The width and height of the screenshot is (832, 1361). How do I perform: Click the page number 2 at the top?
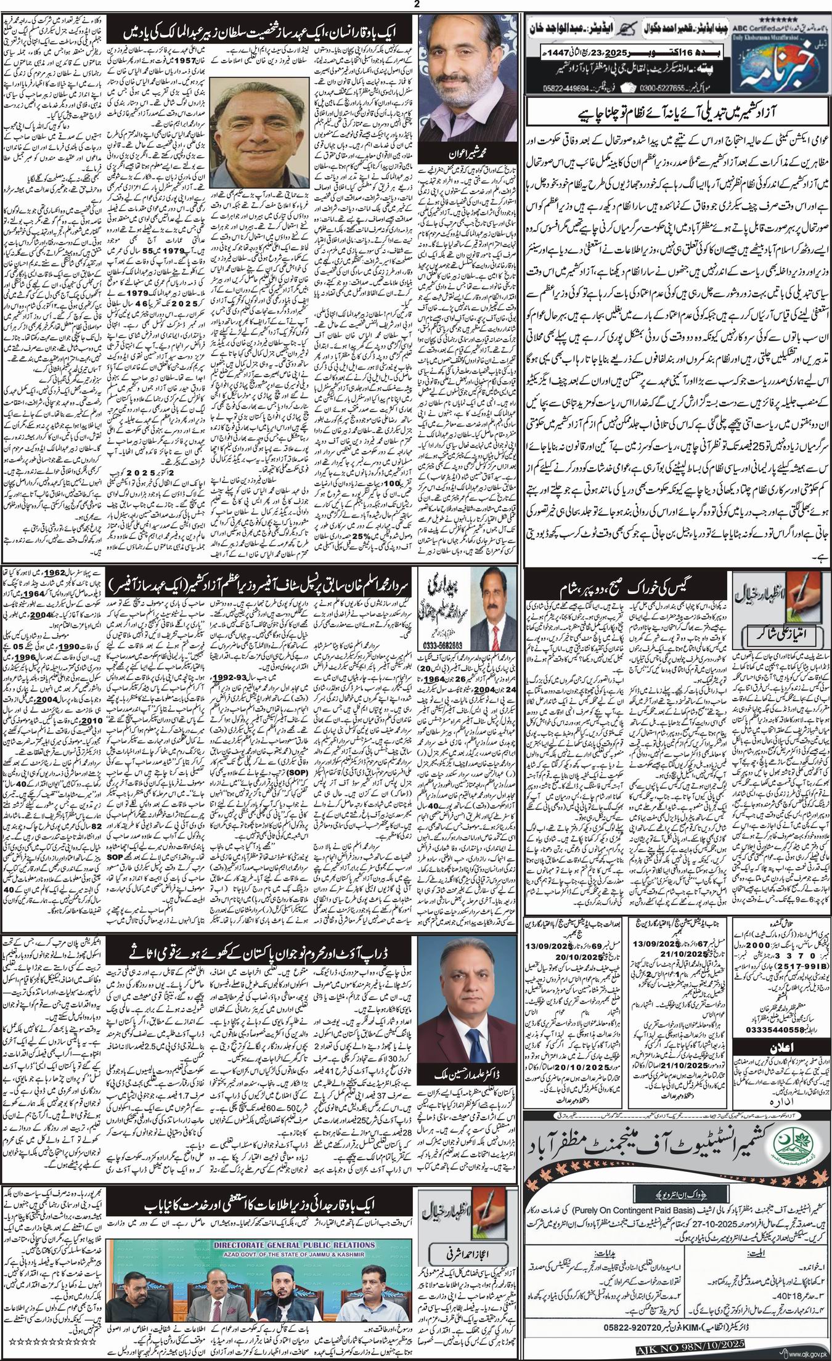pos(416,4)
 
